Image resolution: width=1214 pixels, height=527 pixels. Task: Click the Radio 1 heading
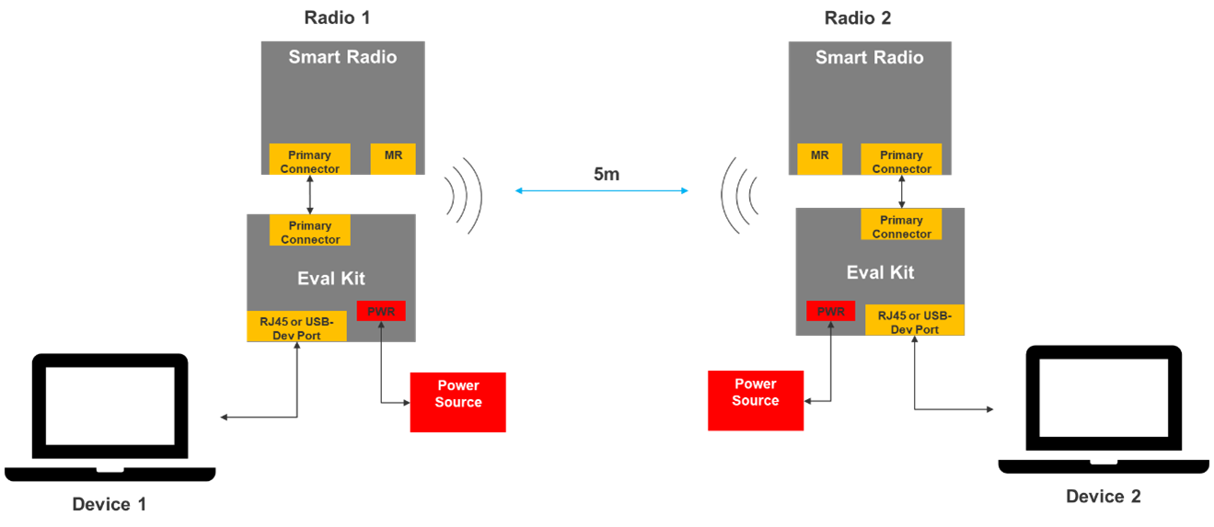(x=337, y=17)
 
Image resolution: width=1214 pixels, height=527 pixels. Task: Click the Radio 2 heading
(x=857, y=17)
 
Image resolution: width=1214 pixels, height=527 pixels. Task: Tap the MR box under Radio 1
(x=393, y=158)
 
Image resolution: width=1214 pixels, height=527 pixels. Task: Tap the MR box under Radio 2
(x=819, y=158)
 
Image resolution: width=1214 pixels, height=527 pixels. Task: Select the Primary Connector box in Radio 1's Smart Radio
(x=309, y=160)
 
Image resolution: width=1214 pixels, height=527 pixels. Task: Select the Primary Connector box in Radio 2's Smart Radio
(x=901, y=160)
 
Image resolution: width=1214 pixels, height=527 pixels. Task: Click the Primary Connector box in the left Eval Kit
(x=309, y=231)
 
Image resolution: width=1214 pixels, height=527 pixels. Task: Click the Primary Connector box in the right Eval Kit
(x=901, y=225)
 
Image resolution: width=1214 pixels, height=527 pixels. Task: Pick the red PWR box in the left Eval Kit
(x=381, y=312)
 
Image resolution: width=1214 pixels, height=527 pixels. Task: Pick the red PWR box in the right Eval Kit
(x=830, y=311)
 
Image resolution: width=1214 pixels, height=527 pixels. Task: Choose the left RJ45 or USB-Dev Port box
(x=296, y=327)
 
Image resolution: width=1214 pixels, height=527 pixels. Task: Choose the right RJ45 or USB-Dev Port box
(x=914, y=321)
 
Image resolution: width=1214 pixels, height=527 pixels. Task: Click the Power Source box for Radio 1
(x=458, y=402)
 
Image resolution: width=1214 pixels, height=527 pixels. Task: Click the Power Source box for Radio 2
(x=755, y=400)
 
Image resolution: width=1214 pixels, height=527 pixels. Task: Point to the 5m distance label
(x=606, y=174)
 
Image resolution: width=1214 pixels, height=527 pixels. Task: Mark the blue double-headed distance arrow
(x=602, y=190)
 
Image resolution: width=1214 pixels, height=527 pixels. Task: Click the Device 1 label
(x=110, y=504)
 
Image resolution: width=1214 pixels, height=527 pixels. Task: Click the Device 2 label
(x=1103, y=497)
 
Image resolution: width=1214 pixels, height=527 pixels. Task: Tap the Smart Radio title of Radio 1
(x=342, y=57)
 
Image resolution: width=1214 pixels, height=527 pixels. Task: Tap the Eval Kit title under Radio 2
(x=880, y=272)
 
